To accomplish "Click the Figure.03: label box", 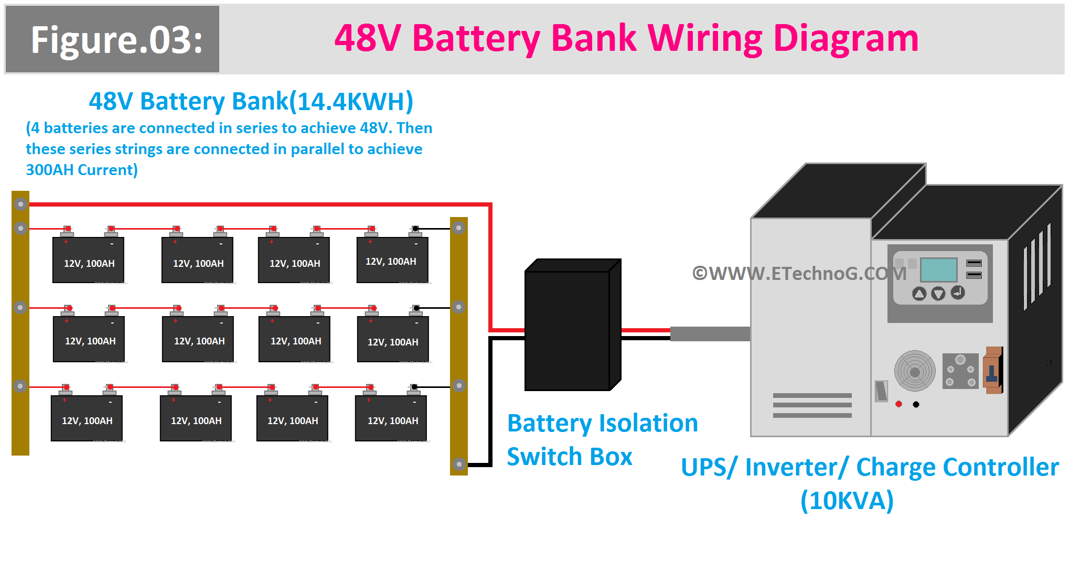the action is (x=112, y=39).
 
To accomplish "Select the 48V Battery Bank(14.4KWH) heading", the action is (x=251, y=101).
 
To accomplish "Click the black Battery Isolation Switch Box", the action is (x=573, y=325).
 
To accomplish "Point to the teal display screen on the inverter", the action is (x=939, y=270).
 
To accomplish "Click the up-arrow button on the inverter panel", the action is (x=919, y=294).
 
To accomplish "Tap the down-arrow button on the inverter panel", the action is (x=938, y=294).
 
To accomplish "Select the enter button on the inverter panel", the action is (x=958, y=293).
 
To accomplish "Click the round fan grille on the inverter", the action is (x=915, y=371).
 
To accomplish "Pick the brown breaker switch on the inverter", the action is (x=992, y=370).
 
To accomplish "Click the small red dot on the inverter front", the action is (x=898, y=404).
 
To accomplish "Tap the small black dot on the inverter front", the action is (x=916, y=404).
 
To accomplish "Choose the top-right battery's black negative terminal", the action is (x=415, y=229).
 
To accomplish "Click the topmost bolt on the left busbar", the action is (x=20, y=204).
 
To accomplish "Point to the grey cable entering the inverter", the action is (x=710, y=334).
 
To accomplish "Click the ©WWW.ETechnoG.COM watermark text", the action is (x=799, y=273).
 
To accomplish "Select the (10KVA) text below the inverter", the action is (x=847, y=500).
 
